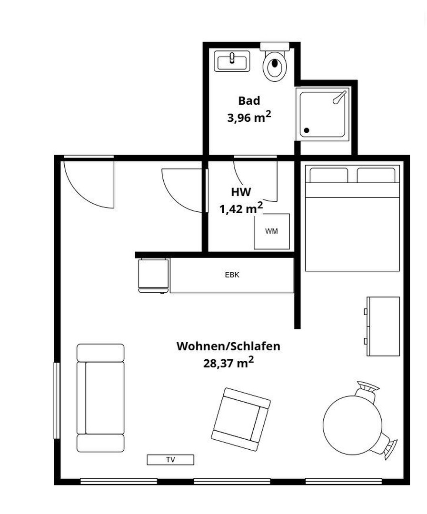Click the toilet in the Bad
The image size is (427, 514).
tap(275, 64)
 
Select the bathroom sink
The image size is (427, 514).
tap(232, 61)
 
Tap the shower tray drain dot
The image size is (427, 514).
tap(307, 130)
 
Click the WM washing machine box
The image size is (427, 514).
tap(271, 231)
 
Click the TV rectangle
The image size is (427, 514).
tap(170, 460)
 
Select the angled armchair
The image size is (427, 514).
tap(241, 419)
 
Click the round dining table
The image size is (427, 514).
tap(352, 423)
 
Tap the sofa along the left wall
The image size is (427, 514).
tap(100, 398)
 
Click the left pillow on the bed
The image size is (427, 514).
tap(328, 175)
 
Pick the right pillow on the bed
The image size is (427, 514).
tap(376, 175)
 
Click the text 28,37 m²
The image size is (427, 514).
tap(228, 363)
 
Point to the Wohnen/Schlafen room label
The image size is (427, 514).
tap(228, 346)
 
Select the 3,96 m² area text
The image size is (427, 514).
tap(249, 117)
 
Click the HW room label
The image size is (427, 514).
tap(241, 192)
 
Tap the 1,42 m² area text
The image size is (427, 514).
tap(241, 208)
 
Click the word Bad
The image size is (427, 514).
tap(249, 101)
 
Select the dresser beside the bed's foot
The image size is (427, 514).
tap(383, 326)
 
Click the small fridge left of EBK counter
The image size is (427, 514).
tap(153, 275)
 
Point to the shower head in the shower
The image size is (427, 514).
tap(338, 97)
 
